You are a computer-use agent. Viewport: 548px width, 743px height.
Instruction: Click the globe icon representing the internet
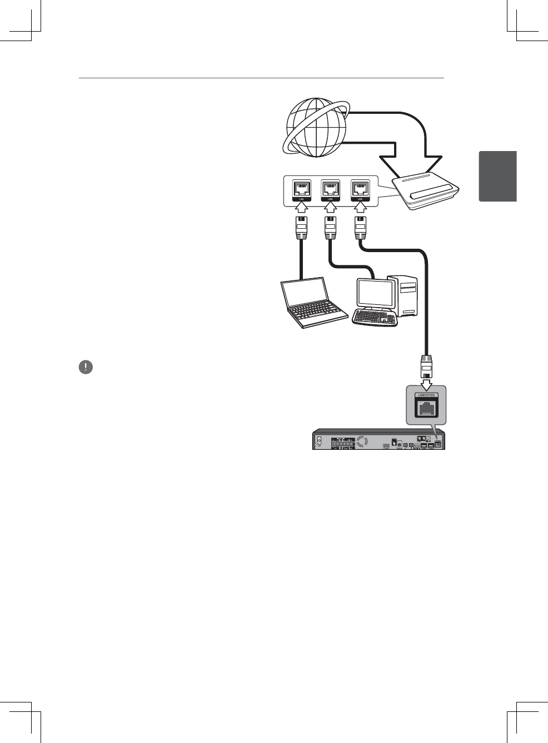point(316,127)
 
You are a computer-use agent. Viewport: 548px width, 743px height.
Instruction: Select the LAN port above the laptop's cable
point(302,189)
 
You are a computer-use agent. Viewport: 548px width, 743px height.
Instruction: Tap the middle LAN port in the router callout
point(331,189)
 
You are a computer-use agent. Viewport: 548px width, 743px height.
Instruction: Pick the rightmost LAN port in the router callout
point(360,189)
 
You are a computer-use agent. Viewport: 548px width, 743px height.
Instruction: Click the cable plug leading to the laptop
point(301,227)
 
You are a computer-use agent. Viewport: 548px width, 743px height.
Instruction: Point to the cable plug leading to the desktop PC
point(331,227)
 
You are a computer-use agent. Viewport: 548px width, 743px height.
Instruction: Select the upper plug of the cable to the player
point(360,227)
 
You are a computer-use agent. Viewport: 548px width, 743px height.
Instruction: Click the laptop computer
point(312,303)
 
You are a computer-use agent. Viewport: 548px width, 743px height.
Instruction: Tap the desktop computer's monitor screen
point(376,293)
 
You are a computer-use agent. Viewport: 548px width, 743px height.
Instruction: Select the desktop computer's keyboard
point(375,318)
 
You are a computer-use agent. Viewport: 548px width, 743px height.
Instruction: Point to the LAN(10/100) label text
point(426,395)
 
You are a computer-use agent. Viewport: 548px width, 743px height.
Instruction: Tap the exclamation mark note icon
point(86,367)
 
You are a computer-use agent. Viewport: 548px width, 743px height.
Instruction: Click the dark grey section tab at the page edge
point(497,175)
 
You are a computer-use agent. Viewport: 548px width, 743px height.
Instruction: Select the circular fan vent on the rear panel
point(362,442)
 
